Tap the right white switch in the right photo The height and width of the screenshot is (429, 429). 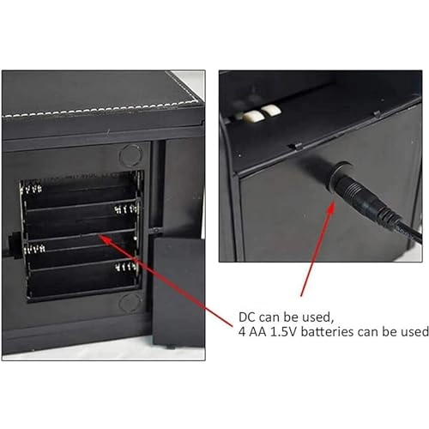pyautogui.click(x=272, y=111)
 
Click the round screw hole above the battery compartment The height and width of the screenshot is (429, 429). pyautogui.click(x=130, y=155)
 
